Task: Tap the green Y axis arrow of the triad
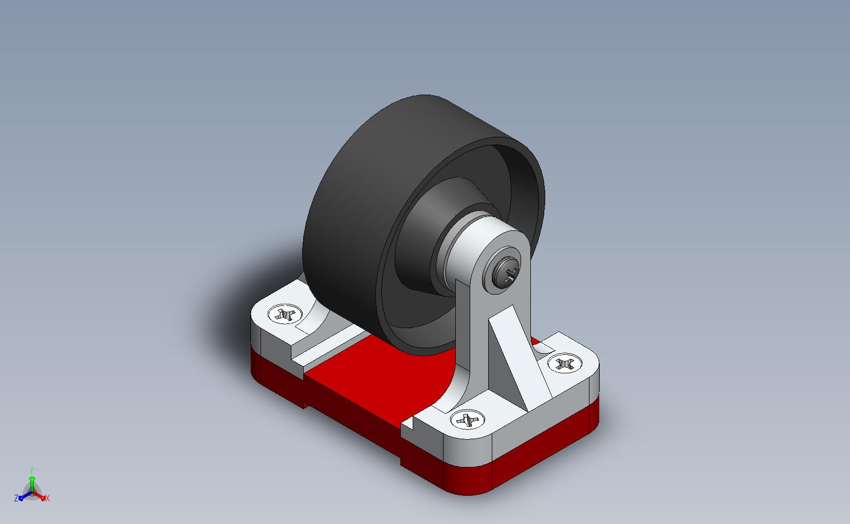tap(32, 481)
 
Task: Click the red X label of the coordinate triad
tap(47, 498)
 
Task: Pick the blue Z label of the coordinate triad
tap(16, 498)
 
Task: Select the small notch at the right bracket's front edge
tap(409, 423)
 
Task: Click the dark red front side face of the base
tap(355, 411)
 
